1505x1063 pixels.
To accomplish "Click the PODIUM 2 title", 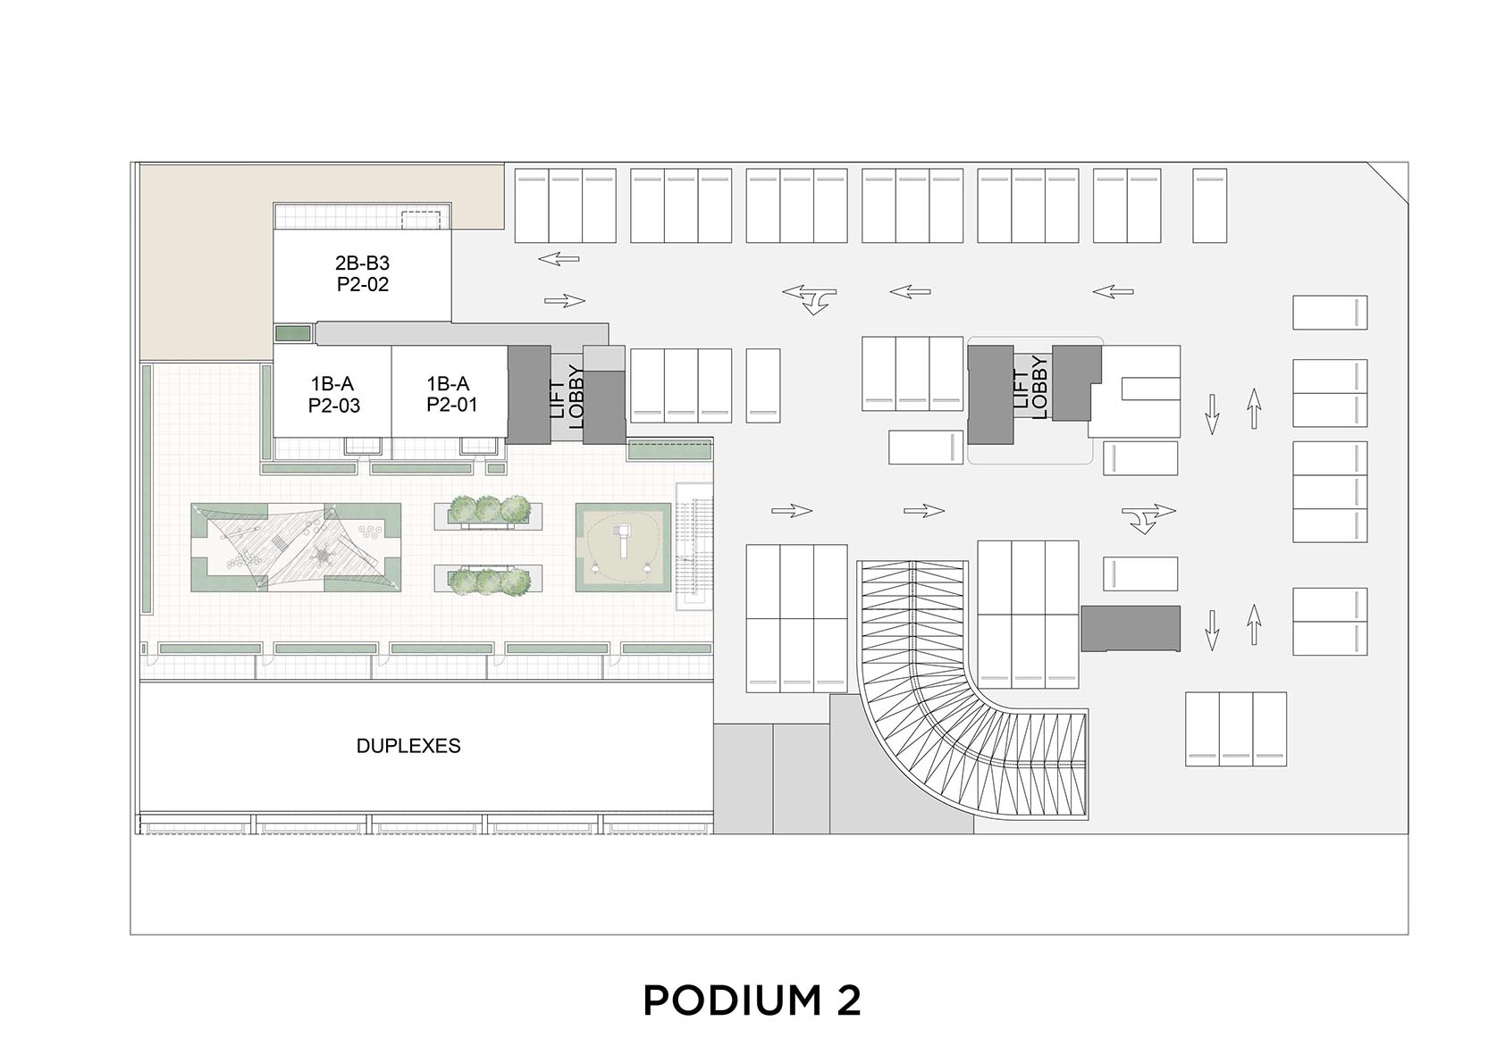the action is click(x=752, y=1000).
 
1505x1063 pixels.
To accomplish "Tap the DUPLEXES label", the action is click(x=408, y=746).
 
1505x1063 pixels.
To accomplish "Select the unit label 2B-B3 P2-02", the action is click(x=363, y=273).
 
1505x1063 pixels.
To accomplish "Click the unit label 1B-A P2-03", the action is click(x=334, y=395).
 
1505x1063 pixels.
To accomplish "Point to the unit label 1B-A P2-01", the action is click(x=450, y=394).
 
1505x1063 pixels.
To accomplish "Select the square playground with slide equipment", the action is click(x=623, y=547).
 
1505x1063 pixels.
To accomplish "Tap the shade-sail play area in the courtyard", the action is click(x=296, y=548).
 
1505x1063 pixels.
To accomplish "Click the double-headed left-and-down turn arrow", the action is click(x=810, y=299).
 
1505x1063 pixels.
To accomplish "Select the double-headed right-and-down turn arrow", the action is click(x=1148, y=518).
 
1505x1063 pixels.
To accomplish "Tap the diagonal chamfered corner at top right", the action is click(x=1387, y=181).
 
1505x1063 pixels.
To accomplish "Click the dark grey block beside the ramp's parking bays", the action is click(x=1131, y=628).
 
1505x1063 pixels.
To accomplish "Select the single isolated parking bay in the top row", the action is click(x=1209, y=205).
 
